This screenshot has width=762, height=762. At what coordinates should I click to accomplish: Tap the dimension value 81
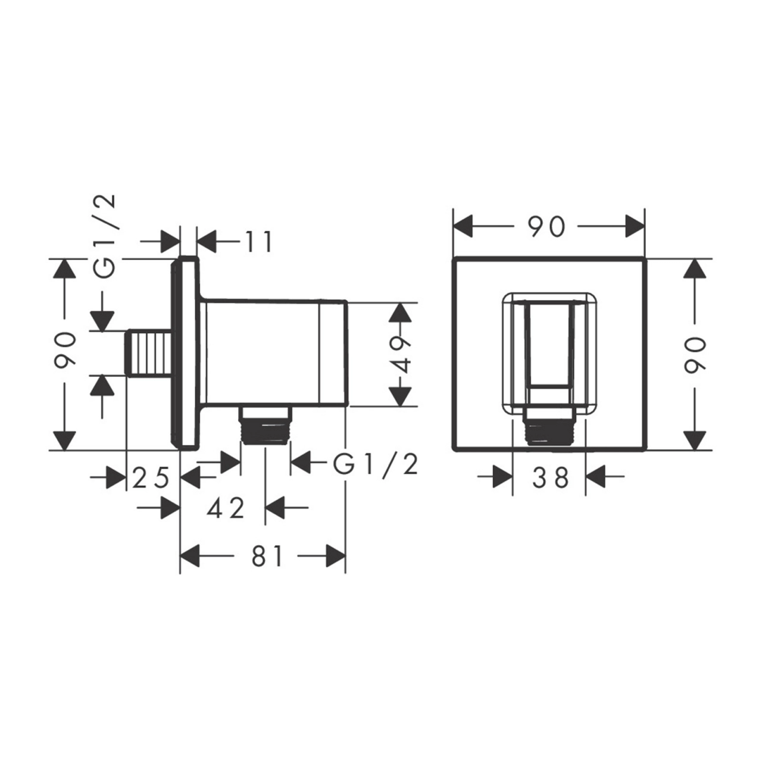click(267, 555)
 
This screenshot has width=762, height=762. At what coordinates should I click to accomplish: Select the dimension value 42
click(226, 508)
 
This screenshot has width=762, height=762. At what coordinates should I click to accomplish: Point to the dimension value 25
click(151, 477)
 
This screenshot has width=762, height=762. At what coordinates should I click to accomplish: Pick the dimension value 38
click(551, 477)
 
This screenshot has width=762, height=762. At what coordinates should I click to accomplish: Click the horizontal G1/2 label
click(375, 464)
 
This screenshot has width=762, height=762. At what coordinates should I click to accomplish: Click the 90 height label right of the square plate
click(695, 355)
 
